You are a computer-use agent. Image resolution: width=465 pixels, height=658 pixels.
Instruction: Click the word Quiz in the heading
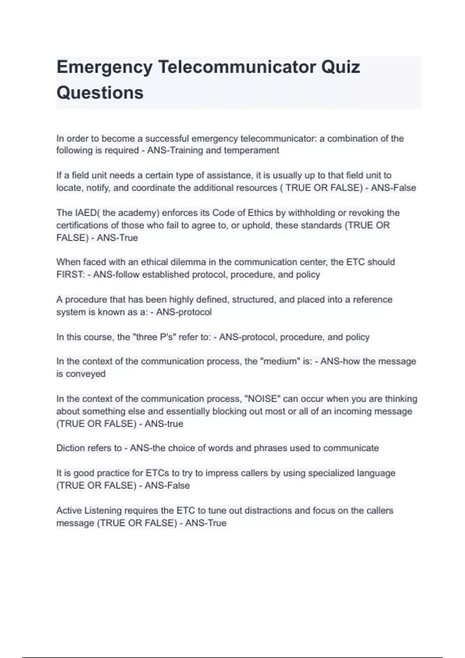click(341, 67)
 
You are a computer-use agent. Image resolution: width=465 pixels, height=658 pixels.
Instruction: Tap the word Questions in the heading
click(100, 93)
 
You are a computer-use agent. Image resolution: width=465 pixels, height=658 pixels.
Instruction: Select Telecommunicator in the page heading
click(237, 67)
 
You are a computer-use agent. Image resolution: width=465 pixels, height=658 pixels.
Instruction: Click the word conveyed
click(86, 374)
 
